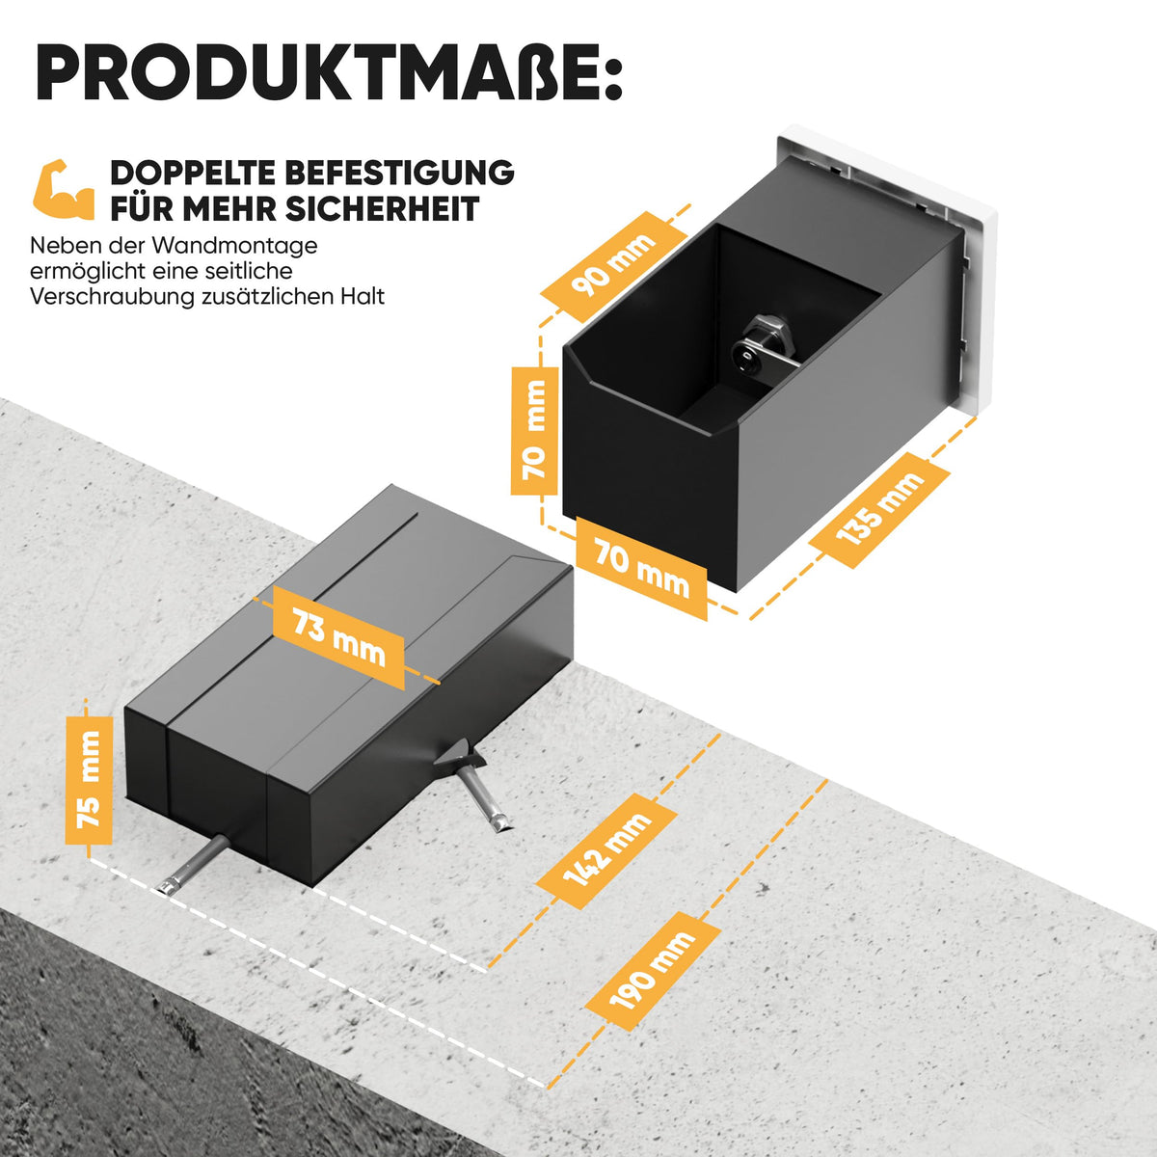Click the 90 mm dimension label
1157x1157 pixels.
point(613,266)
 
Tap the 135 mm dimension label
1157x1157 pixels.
point(879,510)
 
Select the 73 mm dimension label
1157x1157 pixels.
point(338,637)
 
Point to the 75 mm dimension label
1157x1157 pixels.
point(89,780)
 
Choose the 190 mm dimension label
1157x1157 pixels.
point(653,971)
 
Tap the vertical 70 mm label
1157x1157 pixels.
point(534,430)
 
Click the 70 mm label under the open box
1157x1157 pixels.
point(641,568)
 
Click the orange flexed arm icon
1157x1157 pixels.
point(64,189)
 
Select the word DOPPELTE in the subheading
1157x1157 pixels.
point(192,173)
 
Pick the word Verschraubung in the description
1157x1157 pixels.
point(112,297)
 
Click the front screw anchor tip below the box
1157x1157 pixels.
point(165,887)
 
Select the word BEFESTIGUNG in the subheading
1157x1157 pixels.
point(399,173)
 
